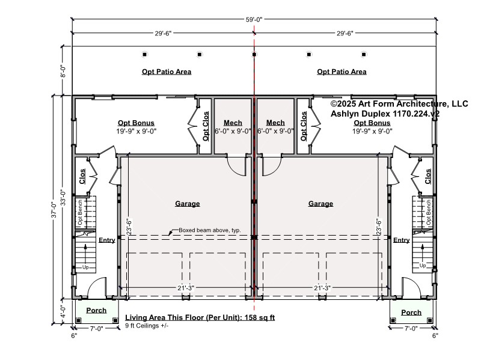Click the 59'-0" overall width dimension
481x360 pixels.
tap(254, 20)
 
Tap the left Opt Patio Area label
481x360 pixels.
tap(167, 72)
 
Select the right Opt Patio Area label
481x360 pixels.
tap(342, 72)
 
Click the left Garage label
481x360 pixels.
tap(188, 204)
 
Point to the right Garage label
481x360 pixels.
tap(320, 204)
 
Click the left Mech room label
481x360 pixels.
tap(233, 123)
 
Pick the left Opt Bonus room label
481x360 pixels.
tap(136, 123)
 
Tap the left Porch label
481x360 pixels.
tap(96, 310)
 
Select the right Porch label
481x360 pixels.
tap(411, 313)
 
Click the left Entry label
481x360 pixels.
tap(107, 240)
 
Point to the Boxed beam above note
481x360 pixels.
tap(210, 230)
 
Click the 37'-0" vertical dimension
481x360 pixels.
tap(54, 210)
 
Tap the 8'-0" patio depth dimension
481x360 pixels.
tap(63, 71)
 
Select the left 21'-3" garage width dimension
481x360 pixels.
tap(186, 288)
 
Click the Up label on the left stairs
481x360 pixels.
tap(85, 267)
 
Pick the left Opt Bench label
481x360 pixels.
tap(80, 213)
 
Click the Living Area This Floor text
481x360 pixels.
tap(200, 317)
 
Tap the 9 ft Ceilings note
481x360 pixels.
tap(147, 326)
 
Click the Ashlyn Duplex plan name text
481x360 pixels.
tap(385, 114)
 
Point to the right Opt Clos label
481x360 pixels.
tap(304, 126)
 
